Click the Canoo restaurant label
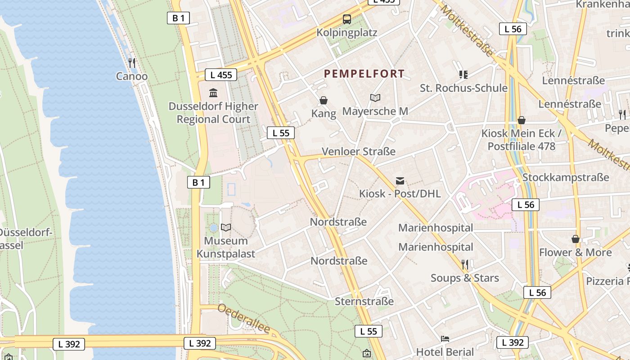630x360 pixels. coord(131,76)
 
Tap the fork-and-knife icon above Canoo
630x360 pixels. coord(131,63)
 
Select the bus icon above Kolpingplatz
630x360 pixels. coord(346,19)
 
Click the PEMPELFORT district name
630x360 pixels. coord(364,74)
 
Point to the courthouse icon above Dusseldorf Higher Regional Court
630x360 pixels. coord(213,93)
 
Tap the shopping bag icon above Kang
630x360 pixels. coord(323,100)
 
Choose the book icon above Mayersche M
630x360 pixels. coord(375,98)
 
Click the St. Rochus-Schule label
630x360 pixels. coord(463,88)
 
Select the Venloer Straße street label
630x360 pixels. coord(359,152)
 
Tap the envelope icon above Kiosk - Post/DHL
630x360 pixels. coord(400,181)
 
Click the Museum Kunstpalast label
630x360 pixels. coord(226,247)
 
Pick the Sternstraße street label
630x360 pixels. coord(364,301)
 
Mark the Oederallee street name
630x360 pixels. coord(244,319)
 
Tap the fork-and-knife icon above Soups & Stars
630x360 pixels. coord(465,264)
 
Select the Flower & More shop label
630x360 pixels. coord(575,252)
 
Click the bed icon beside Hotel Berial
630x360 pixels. coord(445,339)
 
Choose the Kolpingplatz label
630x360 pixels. coord(346,33)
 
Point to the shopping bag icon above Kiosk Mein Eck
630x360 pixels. coord(522,120)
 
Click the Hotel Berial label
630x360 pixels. coord(445,352)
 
